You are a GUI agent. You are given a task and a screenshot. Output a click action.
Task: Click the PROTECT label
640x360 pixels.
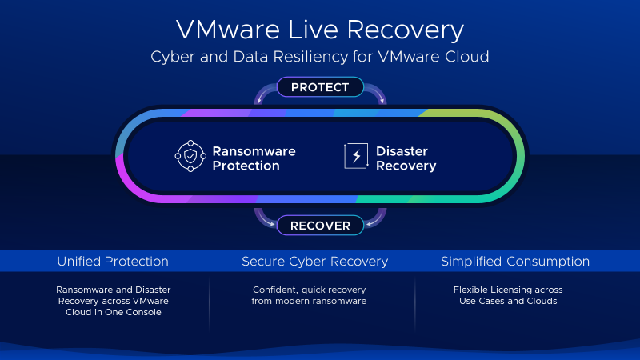320,87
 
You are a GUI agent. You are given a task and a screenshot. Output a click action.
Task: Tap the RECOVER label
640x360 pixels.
320,226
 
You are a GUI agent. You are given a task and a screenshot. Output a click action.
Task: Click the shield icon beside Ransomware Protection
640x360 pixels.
190,158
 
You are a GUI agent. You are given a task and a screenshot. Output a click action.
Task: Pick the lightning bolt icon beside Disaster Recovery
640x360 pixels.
355,158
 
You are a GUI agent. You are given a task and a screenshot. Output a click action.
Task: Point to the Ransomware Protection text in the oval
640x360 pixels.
253,158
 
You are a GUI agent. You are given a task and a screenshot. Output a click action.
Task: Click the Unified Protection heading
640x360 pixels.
113,262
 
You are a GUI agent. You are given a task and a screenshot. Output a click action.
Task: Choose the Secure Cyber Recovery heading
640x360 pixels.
314,262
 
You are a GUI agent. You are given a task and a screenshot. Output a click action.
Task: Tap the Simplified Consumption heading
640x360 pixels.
515,262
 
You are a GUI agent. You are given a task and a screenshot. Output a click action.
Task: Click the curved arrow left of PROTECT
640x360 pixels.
263,94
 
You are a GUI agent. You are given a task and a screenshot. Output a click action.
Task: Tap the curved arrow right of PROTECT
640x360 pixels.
376,94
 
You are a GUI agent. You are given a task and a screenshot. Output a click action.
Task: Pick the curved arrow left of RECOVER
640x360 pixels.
263,218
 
